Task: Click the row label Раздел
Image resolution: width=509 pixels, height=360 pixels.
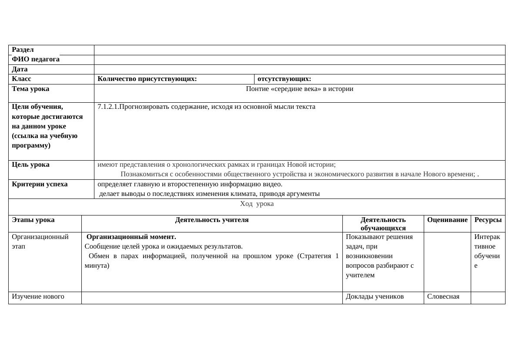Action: [23, 50]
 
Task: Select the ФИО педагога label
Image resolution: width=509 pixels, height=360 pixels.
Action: [36, 59]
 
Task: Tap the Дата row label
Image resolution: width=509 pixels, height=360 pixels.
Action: [20, 69]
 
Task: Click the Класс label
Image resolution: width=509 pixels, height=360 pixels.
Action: [21, 79]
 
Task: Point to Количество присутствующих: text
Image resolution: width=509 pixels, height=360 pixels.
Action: [147, 79]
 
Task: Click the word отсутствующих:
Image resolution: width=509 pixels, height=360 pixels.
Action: [284, 79]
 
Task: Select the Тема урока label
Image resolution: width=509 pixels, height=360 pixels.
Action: [30, 89]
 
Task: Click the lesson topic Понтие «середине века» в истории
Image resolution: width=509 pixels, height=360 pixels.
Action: [299, 89]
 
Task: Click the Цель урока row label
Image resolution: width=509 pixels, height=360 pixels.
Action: [30, 165]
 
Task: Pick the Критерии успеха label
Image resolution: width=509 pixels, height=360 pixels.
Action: [40, 184]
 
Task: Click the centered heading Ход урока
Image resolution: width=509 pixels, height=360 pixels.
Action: [257, 204]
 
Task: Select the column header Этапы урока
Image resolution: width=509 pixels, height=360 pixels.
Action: [33, 220]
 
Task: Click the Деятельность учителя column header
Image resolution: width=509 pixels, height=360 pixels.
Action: [212, 220]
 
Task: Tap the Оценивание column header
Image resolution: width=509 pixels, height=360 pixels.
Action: [447, 220]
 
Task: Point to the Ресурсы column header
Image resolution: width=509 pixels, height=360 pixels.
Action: [488, 220]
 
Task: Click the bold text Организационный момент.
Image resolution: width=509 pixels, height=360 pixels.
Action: [131, 237]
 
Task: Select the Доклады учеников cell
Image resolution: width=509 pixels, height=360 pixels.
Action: [375, 296]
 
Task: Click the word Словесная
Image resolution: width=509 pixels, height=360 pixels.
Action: [443, 296]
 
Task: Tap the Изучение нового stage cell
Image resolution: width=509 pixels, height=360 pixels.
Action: [38, 296]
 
